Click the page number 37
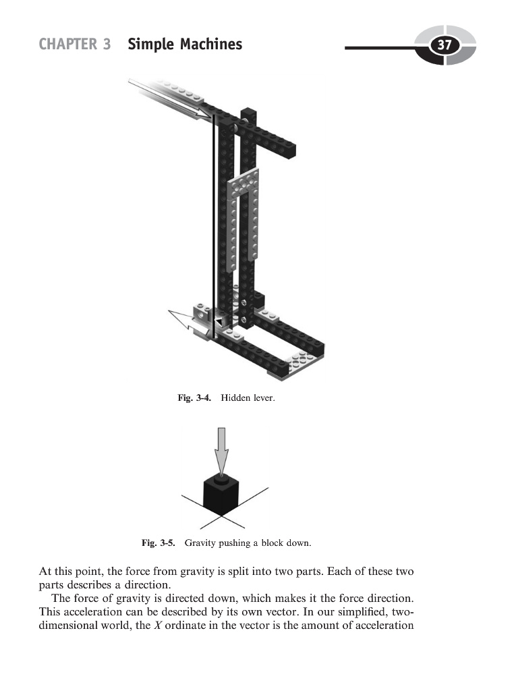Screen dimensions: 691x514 click(445, 45)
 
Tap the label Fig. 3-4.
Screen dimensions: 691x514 click(194, 399)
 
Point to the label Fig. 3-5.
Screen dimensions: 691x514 click(159, 542)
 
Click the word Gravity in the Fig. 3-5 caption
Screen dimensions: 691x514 click(201, 542)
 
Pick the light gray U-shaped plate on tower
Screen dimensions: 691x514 click(244, 202)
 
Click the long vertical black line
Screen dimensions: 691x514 click(214, 223)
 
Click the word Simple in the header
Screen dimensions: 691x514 click(146, 45)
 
